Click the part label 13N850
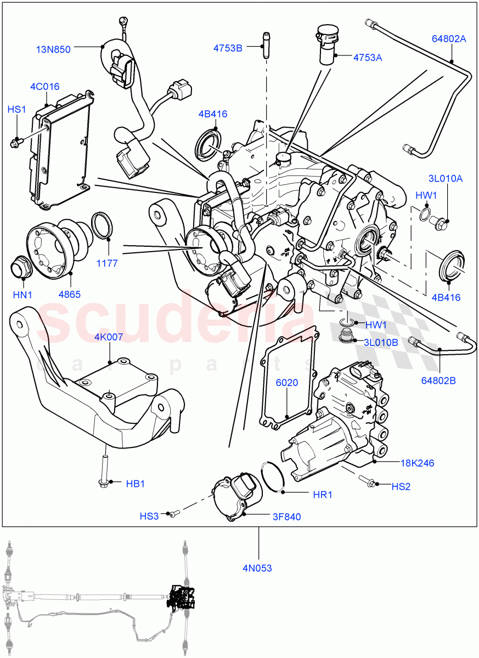(x=53, y=49)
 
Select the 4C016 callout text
(x=45, y=87)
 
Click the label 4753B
(x=228, y=48)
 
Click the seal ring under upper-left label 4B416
(x=209, y=143)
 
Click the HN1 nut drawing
(x=22, y=268)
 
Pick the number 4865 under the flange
(x=70, y=294)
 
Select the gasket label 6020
(x=287, y=383)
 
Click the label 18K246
(x=417, y=463)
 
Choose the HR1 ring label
(x=323, y=495)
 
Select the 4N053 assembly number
(x=257, y=568)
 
